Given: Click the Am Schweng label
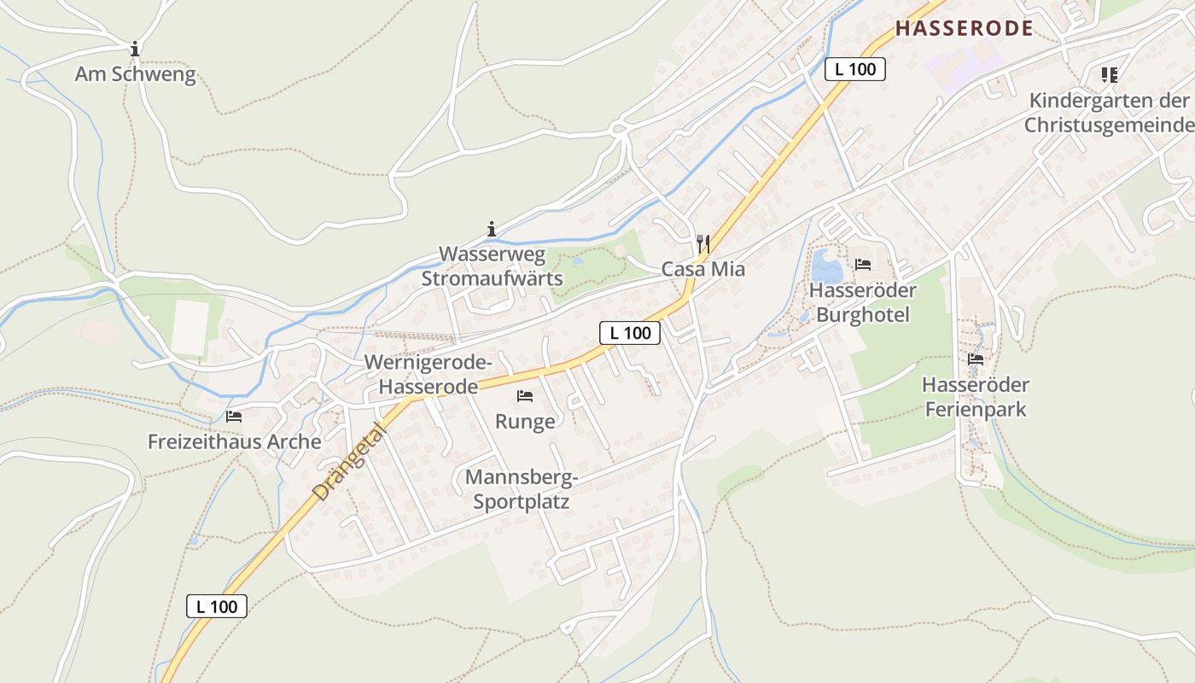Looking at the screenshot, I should (135, 74).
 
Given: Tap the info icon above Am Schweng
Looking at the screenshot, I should (134, 49).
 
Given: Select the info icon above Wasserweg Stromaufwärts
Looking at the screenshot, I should (491, 229).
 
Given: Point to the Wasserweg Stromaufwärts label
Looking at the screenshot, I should (492, 266).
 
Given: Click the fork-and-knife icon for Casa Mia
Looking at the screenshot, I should (703, 244).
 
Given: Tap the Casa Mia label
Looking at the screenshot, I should (703, 269).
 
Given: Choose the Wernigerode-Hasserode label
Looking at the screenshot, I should (428, 374).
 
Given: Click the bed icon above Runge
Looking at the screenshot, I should (525, 396).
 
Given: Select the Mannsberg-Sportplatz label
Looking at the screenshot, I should (522, 489).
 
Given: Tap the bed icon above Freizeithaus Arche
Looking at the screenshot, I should (234, 417).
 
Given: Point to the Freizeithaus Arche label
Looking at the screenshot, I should (234, 441).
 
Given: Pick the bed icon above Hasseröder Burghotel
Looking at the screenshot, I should (863, 265).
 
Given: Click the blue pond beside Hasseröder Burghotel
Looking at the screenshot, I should (825, 266).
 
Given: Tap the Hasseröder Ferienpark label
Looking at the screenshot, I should (976, 397).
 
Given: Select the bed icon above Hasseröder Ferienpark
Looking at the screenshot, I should (976, 359).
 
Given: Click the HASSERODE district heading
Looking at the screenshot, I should (964, 28).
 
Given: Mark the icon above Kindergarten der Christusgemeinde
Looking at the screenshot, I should (1109, 75).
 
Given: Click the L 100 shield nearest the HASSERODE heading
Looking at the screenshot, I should (854, 69).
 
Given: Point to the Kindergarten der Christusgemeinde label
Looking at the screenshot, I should (1109, 113).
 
